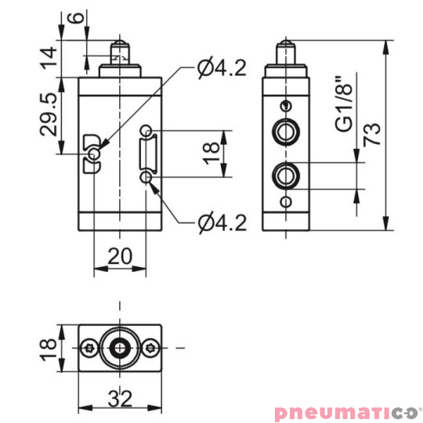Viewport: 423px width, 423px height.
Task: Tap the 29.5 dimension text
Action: click(x=50, y=114)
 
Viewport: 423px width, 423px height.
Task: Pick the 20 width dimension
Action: click(x=119, y=255)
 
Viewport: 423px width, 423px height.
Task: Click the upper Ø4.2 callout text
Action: click(x=222, y=69)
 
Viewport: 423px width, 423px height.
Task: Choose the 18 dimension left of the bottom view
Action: click(x=50, y=345)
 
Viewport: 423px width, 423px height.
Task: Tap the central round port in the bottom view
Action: click(x=119, y=346)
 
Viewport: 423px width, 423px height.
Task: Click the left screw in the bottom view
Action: click(x=91, y=346)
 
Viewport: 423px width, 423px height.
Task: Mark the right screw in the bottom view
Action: click(x=149, y=346)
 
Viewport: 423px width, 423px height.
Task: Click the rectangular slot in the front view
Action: click(x=147, y=154)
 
